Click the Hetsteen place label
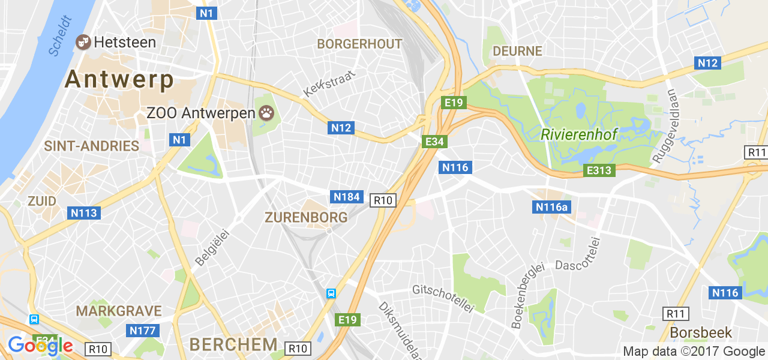pyautogui.click(x=125, y=43)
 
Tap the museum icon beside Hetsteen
pyautogui.click(x=82, y=42)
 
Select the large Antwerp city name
pyautogui.click(x=119, y=79)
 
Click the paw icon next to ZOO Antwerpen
pyautogui.click(x=266, y=112)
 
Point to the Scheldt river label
pyautogui.click(x=61, y=37)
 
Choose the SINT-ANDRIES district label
pyautogui.click(x=92, y=146)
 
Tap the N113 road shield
pyautogui.click(x=84, y=213)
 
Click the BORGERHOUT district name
pyautogui.click(x=359, y=44)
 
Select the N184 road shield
pyautogui.click(x=347, y=197)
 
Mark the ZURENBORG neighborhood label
pyautogui.click(x=306, y=217)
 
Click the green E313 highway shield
pyautogui.click(x=599, y=170)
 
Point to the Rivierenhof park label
pyautogui.click(x=579, y=134)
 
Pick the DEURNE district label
pyautogui.click(x=517, y=52)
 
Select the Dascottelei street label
pyautogui.click(x=577, y=265)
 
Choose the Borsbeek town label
pyautogui.click(x=701, y=332)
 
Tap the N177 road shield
pyautogui.click(x=143, y=331)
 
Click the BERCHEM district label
pyautogui.click(x=233, y=344)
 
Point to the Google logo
pyautogui.click(x=40, y=346)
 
